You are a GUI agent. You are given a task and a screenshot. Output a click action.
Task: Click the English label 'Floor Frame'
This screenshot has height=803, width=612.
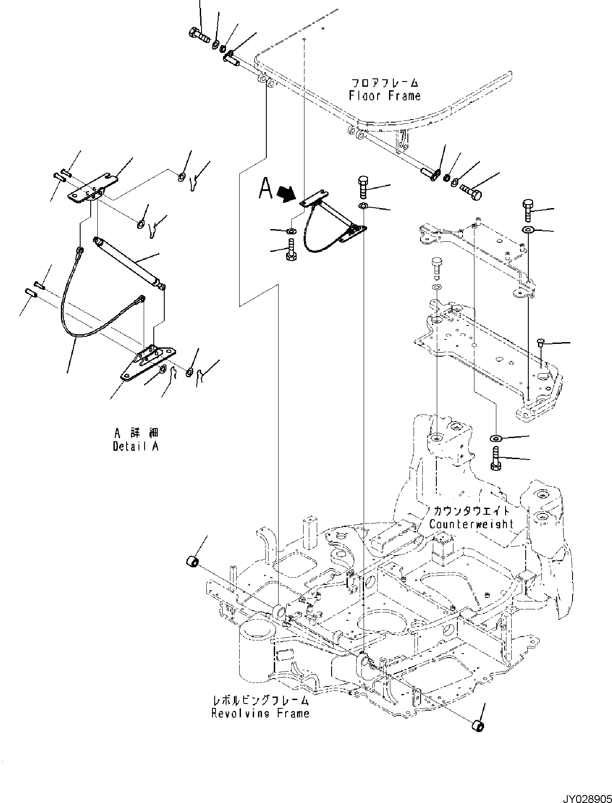tap(385, 96)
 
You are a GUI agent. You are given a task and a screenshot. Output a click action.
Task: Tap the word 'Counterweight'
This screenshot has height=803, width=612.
tap(471, 524)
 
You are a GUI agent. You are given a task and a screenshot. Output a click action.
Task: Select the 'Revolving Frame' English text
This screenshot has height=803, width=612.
tap(260, 713)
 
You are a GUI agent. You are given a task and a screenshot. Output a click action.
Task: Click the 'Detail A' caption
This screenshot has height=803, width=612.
tap(135, 446)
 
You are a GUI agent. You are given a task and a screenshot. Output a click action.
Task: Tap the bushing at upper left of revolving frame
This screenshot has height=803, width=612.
tap(193, 560)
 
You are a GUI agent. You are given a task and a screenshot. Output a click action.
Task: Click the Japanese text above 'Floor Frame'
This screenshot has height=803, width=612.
tap(385, 82)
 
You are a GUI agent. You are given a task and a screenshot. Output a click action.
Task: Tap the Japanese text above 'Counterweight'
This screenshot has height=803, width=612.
tap(471, 511)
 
